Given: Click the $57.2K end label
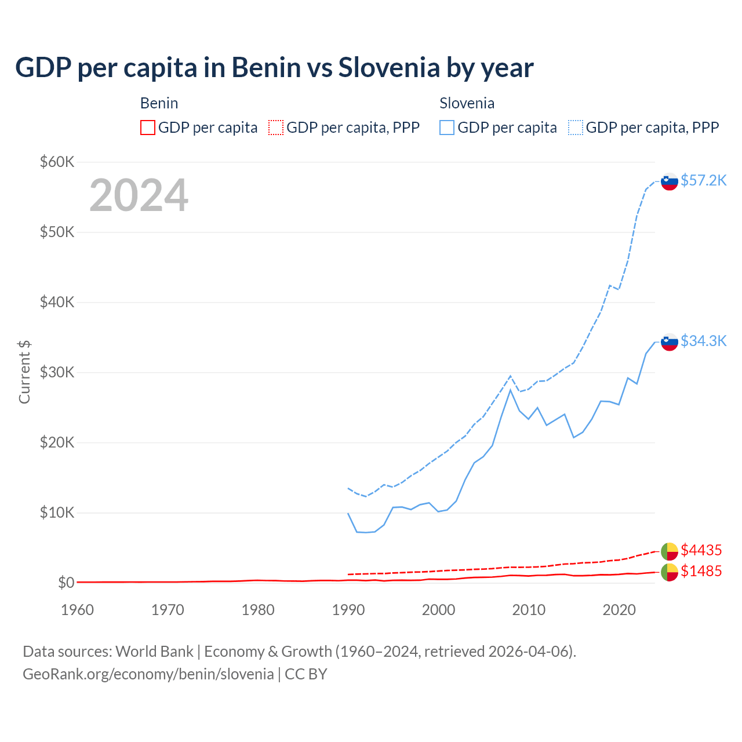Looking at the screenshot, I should click(703, 180).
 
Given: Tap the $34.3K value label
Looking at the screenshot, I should click(703, 341).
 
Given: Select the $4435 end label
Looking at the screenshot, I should click(701, 550).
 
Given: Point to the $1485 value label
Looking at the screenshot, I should click(701, 571).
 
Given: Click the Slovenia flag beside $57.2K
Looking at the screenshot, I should click(670, 181).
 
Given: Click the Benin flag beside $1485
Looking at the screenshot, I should click(670, 572).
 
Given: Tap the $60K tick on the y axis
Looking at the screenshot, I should click(57, 162).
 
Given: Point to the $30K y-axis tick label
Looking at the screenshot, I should click(57, 372).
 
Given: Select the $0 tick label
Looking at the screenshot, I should click(66, 583).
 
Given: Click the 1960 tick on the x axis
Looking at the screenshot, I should click(77, 610).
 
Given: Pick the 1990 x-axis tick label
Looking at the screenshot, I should click(348, 610).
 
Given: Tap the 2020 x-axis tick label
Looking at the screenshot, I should click(619, 610).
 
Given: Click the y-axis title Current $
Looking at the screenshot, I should click(24, 372).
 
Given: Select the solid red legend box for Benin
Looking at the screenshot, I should click(148, 128).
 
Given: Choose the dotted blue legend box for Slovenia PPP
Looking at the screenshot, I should click(576, 128).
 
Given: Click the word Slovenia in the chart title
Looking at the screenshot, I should click(389, 68).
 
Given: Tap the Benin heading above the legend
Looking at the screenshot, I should click(159, 103).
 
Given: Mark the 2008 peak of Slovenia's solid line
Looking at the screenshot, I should click(510, 390).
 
